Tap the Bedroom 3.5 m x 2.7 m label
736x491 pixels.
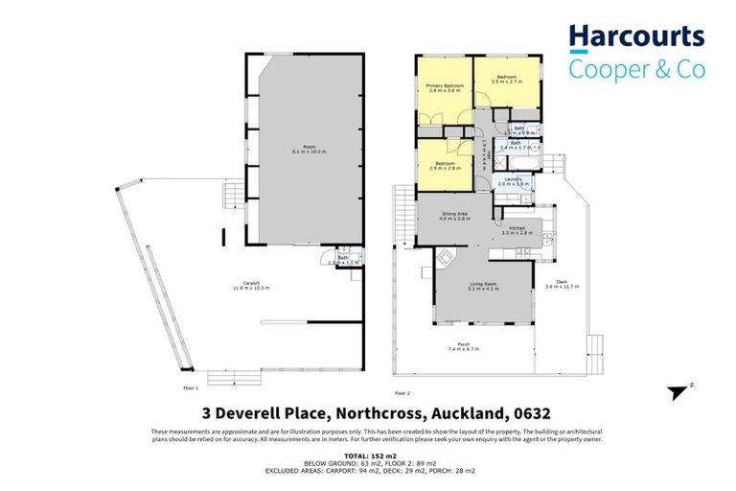(507, 79)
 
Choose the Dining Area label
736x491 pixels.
(454, 217)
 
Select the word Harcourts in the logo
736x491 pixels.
(636, 36)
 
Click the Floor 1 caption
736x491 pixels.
(190, 388)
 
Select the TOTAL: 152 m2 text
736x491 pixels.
(368, 456)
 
